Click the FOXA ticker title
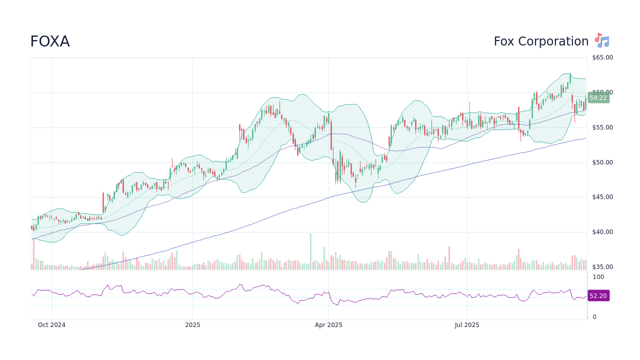tap(50, 41)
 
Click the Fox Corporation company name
tap(541, 41)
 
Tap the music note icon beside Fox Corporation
tap(602, 40)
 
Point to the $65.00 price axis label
tap(602, 57)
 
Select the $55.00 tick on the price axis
tap(602, 127)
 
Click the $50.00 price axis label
tap(602, 162)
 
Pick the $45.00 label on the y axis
tap(602, 197)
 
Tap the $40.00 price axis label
tap(602, 232)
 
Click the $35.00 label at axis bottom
tap(602, 267)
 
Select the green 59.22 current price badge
tap(598, 98)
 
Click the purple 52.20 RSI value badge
tap(598, 296)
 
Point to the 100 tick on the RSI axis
tap(598, 277)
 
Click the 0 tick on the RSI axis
tap(594, 317)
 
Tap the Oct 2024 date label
tap(51, 325)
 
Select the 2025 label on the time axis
tap(192, 325)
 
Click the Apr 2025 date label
tap(328, 325)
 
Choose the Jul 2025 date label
tap(467, 325)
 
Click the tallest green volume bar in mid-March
tap(310, 251)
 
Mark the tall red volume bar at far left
tap(34, 254)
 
